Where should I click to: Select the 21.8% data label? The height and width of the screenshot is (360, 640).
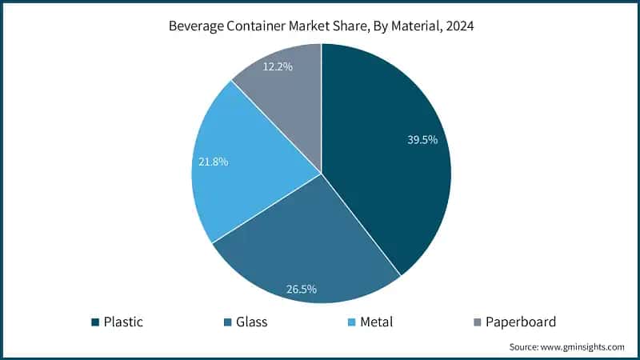pos(214,162)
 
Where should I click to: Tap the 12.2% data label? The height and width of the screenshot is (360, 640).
pos(278,66)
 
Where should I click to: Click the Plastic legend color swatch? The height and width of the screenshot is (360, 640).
pos(95,322)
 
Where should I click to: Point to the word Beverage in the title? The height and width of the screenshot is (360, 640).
pos(197,25)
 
